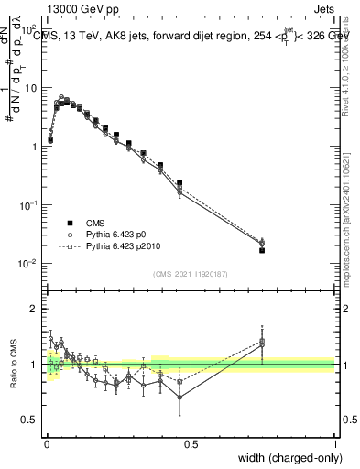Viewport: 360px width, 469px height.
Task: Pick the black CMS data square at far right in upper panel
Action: (x=262, y=250)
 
